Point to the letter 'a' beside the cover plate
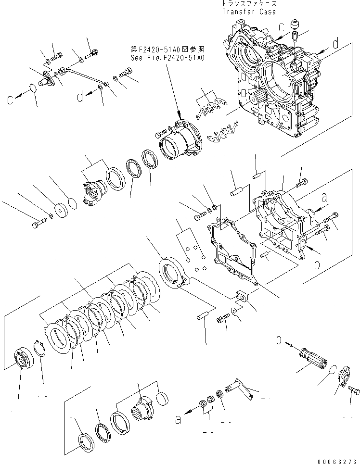(324, 197)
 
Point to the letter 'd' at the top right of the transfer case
(336, 44)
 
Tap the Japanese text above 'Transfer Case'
(249, 4)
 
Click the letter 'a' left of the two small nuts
(178, 420)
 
